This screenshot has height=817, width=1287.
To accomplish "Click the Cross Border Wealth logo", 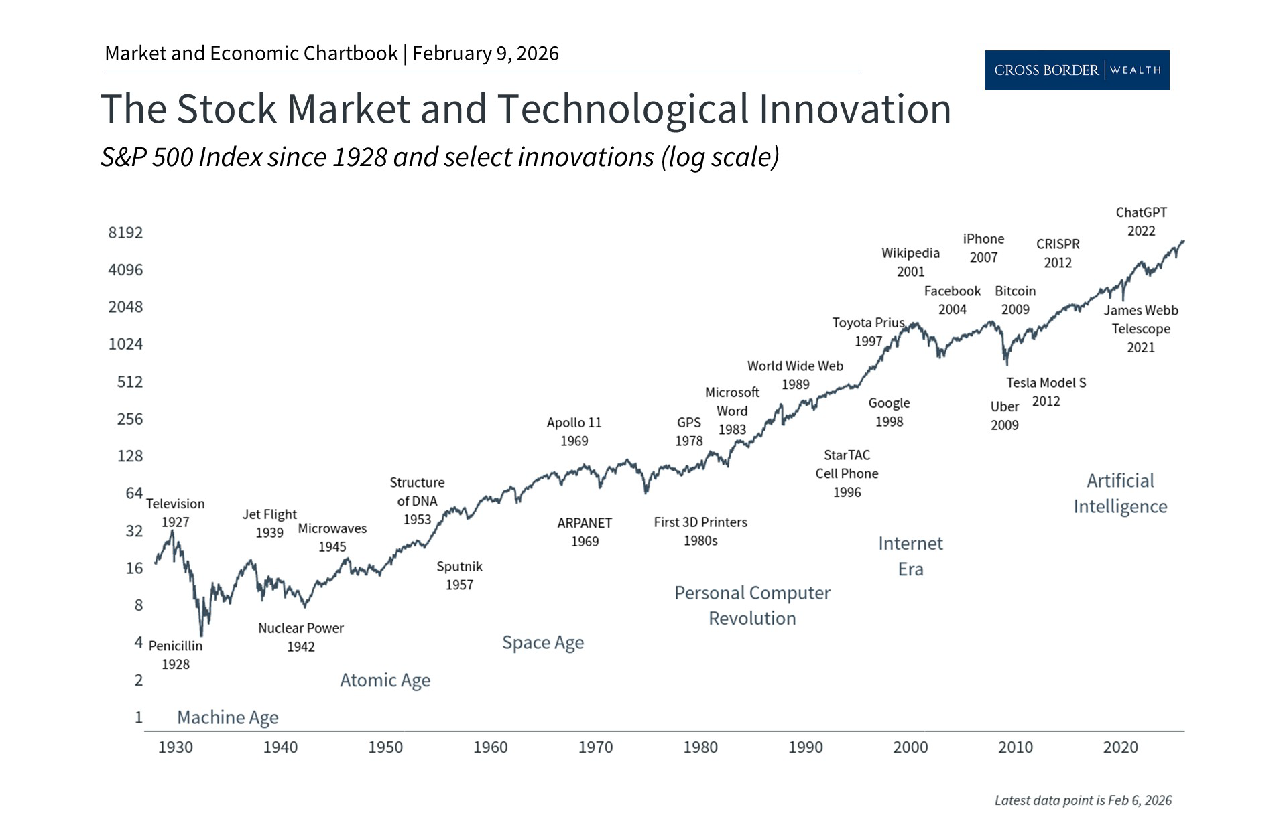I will (1077, 70).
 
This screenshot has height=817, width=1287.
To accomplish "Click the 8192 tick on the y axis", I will (125, 232).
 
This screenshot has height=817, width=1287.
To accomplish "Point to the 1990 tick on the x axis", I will (805, 747).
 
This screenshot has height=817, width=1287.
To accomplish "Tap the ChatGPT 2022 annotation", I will (1141, 222).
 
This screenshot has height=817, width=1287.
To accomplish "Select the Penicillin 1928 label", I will (175, 655).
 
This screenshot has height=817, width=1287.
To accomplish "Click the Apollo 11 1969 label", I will (574, 432).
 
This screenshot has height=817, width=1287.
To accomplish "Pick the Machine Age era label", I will (227, 717).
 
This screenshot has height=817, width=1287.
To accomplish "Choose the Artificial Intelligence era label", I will (1120, 494).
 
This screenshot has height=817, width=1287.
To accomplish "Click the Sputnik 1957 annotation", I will (459, 575).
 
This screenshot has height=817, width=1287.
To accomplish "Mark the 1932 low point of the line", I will (201, 634).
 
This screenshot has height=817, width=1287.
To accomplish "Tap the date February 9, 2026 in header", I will (485, 54).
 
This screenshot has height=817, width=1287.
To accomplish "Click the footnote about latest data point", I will (1083, 800).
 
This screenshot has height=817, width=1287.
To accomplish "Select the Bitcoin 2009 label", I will (1015, 300).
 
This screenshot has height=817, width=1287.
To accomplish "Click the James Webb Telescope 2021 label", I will (1140, 329).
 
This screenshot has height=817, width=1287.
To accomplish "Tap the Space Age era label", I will (542, 643).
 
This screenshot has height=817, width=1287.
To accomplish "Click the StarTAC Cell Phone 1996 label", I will (847, 473).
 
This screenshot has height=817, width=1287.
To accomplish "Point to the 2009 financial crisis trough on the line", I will (1007, 364).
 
